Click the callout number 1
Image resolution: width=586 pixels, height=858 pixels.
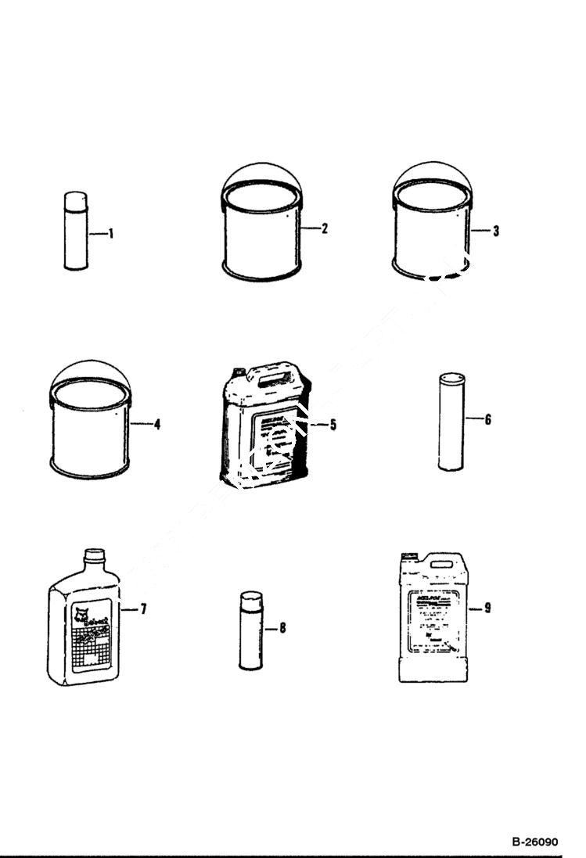111,233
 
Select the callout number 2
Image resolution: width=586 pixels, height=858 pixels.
324,228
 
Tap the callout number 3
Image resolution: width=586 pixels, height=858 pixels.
496,231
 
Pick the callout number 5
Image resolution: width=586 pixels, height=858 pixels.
333,425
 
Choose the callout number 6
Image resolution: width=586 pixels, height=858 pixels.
487,420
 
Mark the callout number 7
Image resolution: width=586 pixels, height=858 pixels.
143,608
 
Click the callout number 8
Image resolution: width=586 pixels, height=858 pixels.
282,628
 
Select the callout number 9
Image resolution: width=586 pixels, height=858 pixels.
487,607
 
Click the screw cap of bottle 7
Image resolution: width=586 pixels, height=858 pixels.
94,556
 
